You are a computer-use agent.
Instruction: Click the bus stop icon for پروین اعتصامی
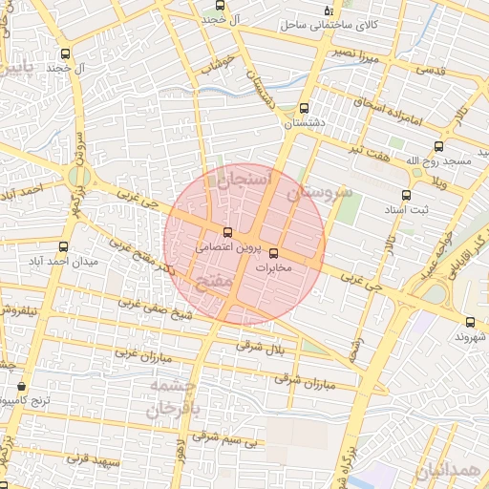(x=226, y=232)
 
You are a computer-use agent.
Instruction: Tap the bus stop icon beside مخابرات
(x=275, y=253)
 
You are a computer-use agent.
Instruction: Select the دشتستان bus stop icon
(x=304, y=108)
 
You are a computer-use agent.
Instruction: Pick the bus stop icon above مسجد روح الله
(x=438, y=146)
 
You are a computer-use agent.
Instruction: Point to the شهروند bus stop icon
(x=470, y=322)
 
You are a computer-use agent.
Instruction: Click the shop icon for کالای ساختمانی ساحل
(x=329, y=9)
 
